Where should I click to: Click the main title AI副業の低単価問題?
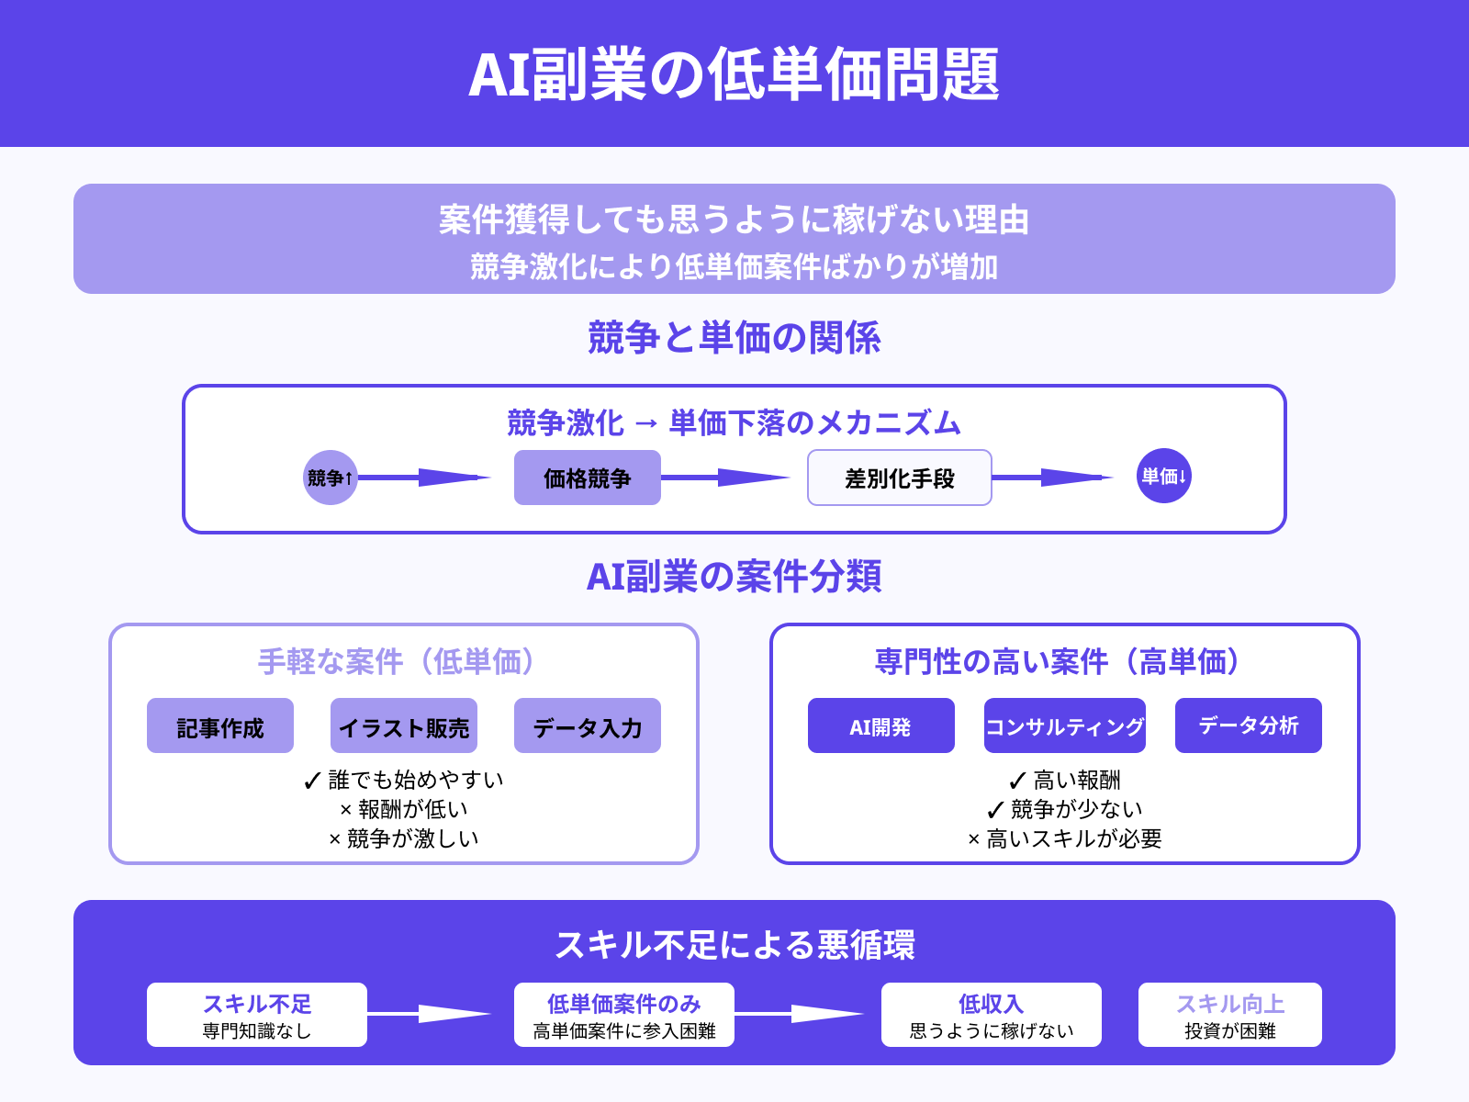734,74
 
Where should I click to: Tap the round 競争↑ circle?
330,478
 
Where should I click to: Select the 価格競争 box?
588,478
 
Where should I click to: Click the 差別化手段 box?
900,478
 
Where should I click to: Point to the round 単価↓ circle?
1164,476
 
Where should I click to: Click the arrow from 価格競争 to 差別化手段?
725,478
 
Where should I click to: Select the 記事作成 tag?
220,726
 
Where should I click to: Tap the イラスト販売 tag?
404,726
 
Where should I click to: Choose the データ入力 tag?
588,726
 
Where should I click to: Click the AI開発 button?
881,726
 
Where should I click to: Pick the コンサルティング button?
1065,726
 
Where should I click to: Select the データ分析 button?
1249,726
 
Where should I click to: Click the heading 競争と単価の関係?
734,338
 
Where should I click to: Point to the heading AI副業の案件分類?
734,577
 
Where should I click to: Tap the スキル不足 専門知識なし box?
257,1015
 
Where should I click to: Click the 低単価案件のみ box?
624,1015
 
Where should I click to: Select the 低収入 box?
992,1015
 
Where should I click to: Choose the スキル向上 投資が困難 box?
1230,1015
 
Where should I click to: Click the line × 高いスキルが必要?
1065,838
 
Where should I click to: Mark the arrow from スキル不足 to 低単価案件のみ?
430,1014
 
